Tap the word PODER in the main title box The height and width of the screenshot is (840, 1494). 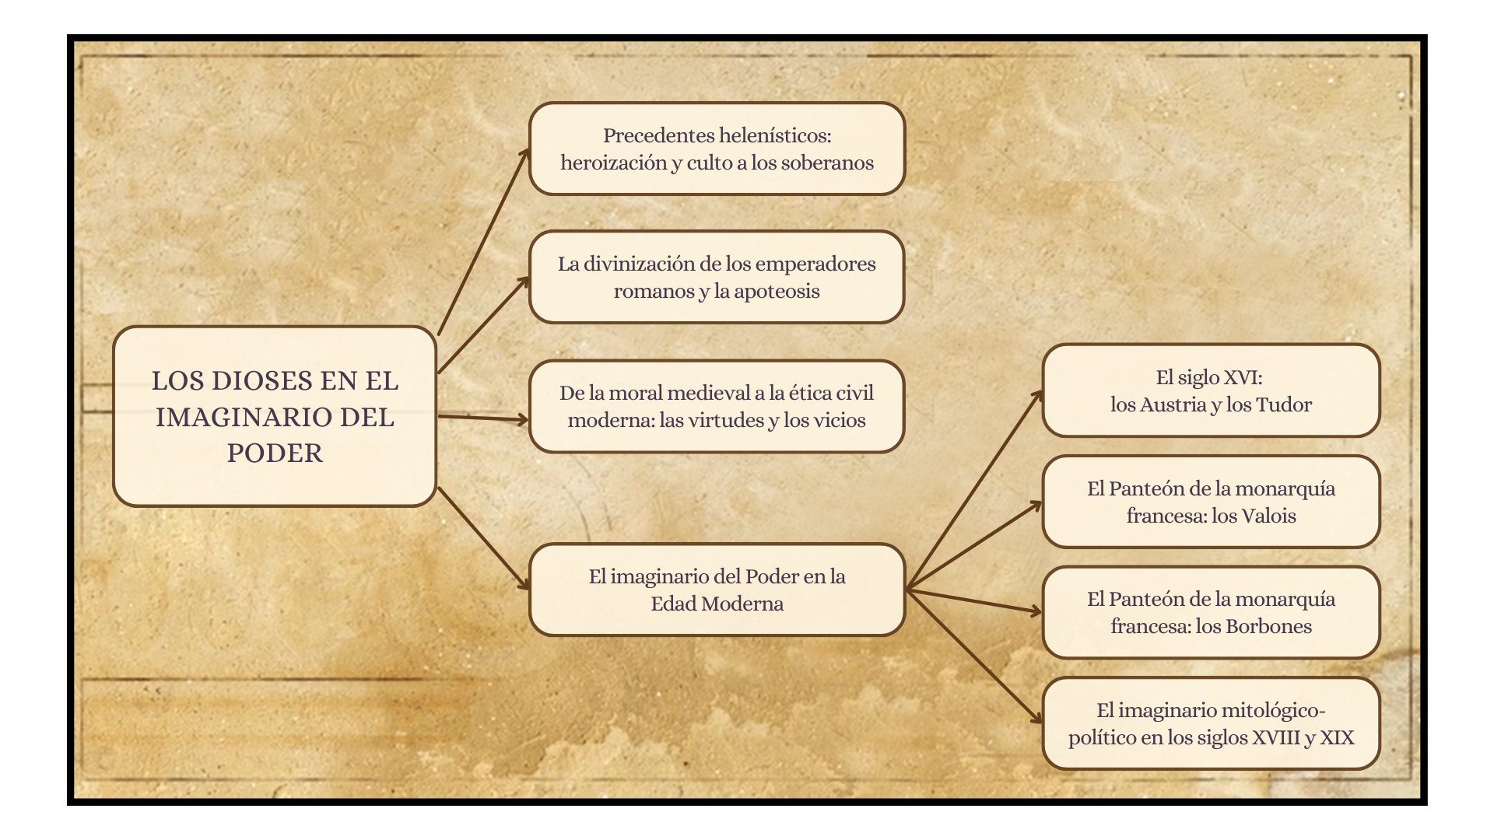click(275, 453)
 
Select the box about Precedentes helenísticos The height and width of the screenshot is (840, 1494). click(717, 149)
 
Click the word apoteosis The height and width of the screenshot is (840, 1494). click(777, 292)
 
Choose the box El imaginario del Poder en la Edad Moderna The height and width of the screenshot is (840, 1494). click(717, 590)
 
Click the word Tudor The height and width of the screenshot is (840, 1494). click(1283, 405)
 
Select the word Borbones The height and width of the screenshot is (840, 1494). click(1268, 627)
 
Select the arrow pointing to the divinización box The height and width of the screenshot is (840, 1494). click(482, 326)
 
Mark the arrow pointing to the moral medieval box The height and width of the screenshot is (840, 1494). click(482, 418)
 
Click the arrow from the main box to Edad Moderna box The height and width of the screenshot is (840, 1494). click(482, 537)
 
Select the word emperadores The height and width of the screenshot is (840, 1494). click(815, 264)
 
